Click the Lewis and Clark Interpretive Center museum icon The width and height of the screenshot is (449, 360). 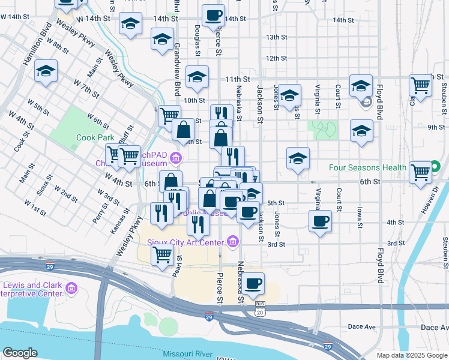pyautogui.click(x=71, y=289)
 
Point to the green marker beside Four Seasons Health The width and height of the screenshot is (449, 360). pyautogui.click(x=435, y=167)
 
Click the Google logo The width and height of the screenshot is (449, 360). pyautogui.click(x=20, y=353)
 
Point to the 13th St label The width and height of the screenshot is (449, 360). pyautogui.click(x=277, y=37)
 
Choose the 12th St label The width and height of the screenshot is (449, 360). pyautogui.click(x=277, y=58)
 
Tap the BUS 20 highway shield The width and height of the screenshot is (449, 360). pyautogui.click(x=259, y=308)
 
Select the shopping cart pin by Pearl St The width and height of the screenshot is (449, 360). pyautogui.click(x=163, y=256)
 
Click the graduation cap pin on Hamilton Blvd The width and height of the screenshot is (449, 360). pyautogui.click(x=46, y=71)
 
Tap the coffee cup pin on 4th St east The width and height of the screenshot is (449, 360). pyautogui.click(x=320, y=221)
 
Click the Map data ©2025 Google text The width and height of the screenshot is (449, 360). pyautogui.click(x=412, y=355)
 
